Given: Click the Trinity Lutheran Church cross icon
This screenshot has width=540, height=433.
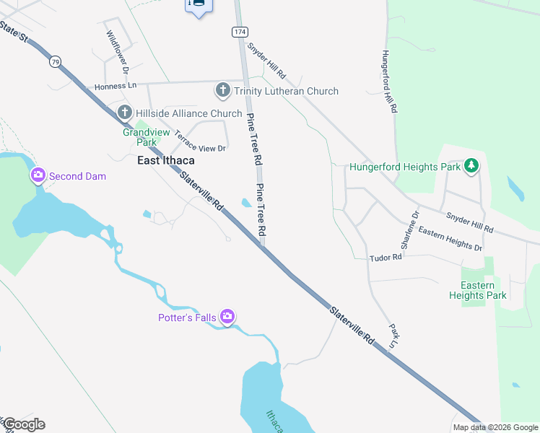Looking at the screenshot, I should pos(222,91).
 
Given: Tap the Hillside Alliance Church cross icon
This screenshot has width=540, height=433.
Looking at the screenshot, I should pos(124,113).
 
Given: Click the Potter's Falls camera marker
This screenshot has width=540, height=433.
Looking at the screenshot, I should pos(227,317).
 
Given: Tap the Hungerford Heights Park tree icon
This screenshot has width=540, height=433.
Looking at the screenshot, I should pos(471,167).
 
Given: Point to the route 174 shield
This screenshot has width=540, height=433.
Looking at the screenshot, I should pos(240,32).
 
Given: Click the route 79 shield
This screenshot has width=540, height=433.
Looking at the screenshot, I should pos(56,63).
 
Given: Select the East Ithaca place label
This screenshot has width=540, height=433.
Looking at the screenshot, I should pos(166,160).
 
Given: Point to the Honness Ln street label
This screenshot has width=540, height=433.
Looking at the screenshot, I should pos(116,86).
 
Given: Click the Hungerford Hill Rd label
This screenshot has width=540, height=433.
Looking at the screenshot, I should pos(390,82).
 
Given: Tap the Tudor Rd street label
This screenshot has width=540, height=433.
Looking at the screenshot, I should pos(385,258).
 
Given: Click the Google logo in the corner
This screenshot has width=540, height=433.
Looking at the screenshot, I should pos(24,424).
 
